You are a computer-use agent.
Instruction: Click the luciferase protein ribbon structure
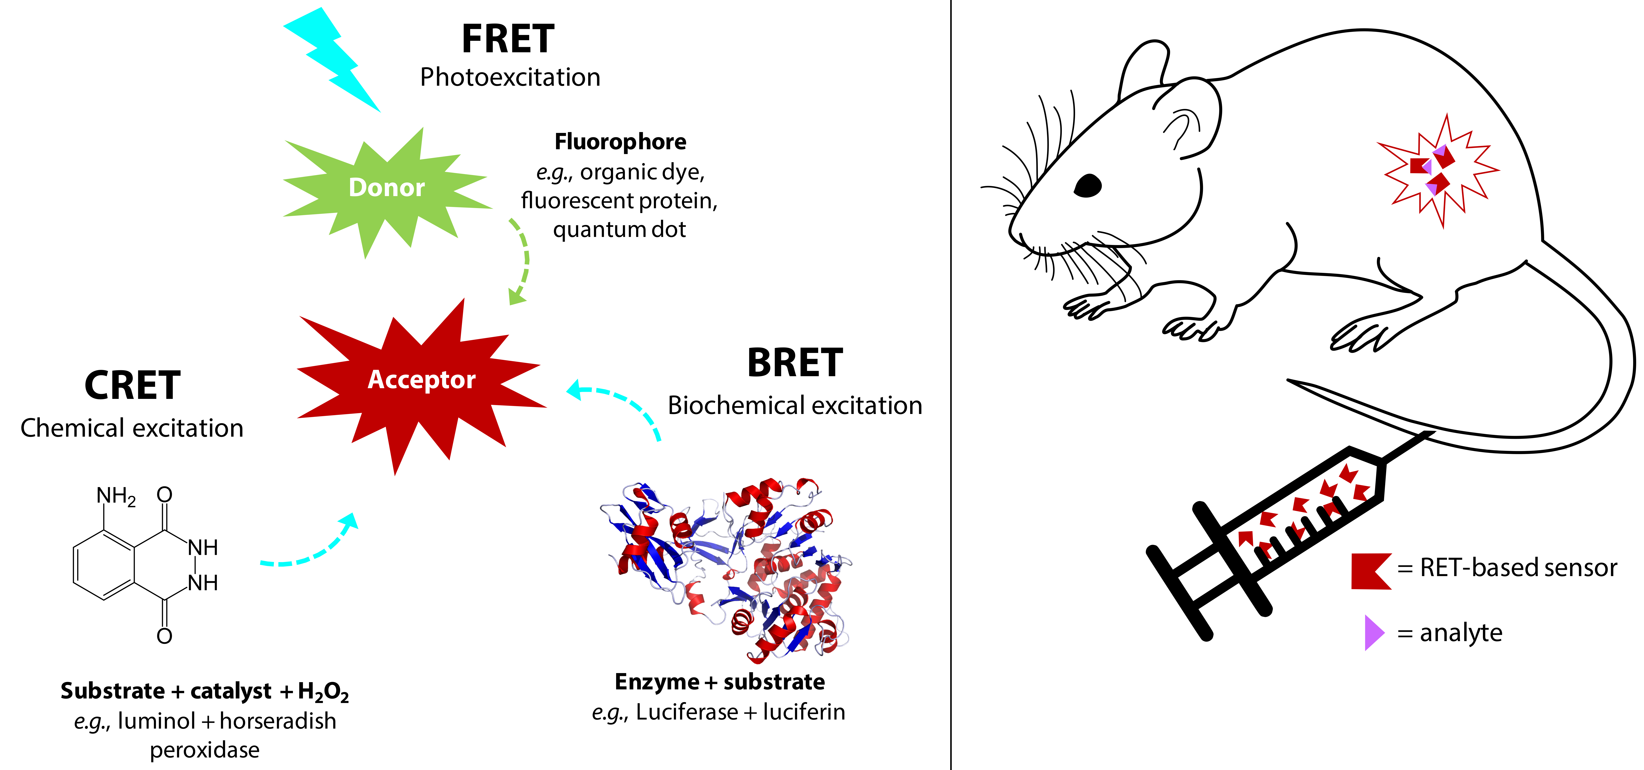727,568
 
